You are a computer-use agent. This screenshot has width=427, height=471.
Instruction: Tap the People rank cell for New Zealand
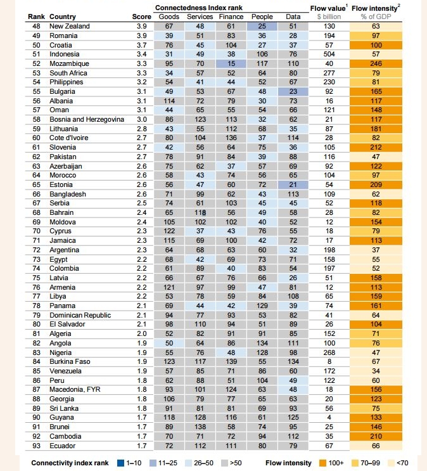click(x=261, y=26)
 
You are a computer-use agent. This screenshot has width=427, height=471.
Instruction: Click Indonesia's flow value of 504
click(x=329, y=54)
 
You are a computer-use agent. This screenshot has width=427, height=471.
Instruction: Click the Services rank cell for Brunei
click(x=200, y=428)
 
